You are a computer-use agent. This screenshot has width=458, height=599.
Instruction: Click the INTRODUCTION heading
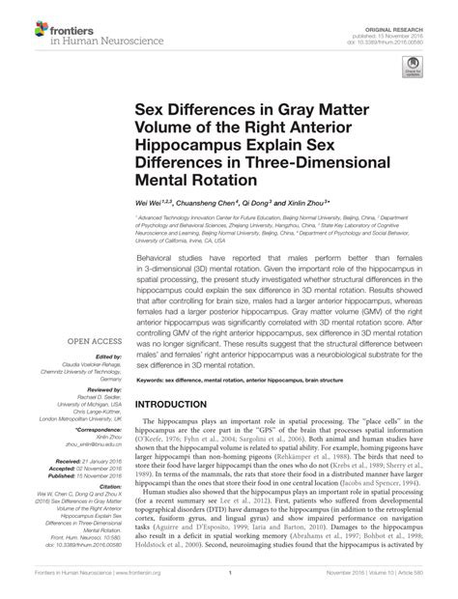pos(180,405)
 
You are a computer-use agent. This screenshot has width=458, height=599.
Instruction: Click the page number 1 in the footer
pos(228,585)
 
